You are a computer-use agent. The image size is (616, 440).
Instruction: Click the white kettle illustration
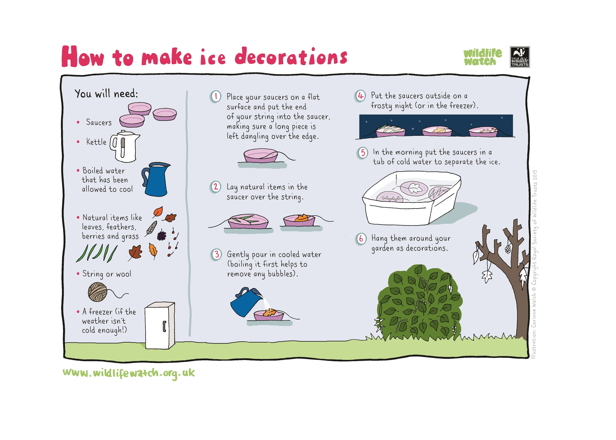coord(125,146)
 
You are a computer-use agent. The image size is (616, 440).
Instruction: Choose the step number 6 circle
coord(361,239)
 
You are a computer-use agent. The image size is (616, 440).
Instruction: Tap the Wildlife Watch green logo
coord(483,57)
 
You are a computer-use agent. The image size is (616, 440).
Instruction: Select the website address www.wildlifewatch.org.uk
coord(128,373)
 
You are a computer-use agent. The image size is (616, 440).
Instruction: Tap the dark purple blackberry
coord(162,235)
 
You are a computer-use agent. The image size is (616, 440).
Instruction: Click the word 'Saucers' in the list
coord(99,122)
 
